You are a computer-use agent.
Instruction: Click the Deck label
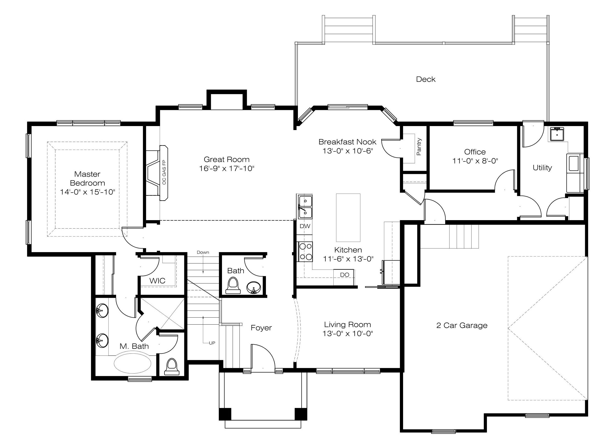425,79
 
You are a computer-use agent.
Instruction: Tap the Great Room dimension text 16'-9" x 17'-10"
226,169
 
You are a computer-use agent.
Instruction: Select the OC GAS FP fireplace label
164,172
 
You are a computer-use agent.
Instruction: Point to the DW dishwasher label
305,226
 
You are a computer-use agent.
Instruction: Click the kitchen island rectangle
348,217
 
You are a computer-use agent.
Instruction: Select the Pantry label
419,147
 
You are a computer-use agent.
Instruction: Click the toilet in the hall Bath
233,286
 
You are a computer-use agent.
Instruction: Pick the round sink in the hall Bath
253,287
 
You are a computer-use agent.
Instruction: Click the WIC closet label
157,281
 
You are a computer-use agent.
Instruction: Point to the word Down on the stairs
203,252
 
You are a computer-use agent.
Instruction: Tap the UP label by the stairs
212,343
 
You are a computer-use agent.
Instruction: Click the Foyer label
261,328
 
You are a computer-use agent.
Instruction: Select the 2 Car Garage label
462,325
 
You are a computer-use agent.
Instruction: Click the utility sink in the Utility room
557,134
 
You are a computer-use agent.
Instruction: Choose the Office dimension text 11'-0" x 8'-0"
475,161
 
